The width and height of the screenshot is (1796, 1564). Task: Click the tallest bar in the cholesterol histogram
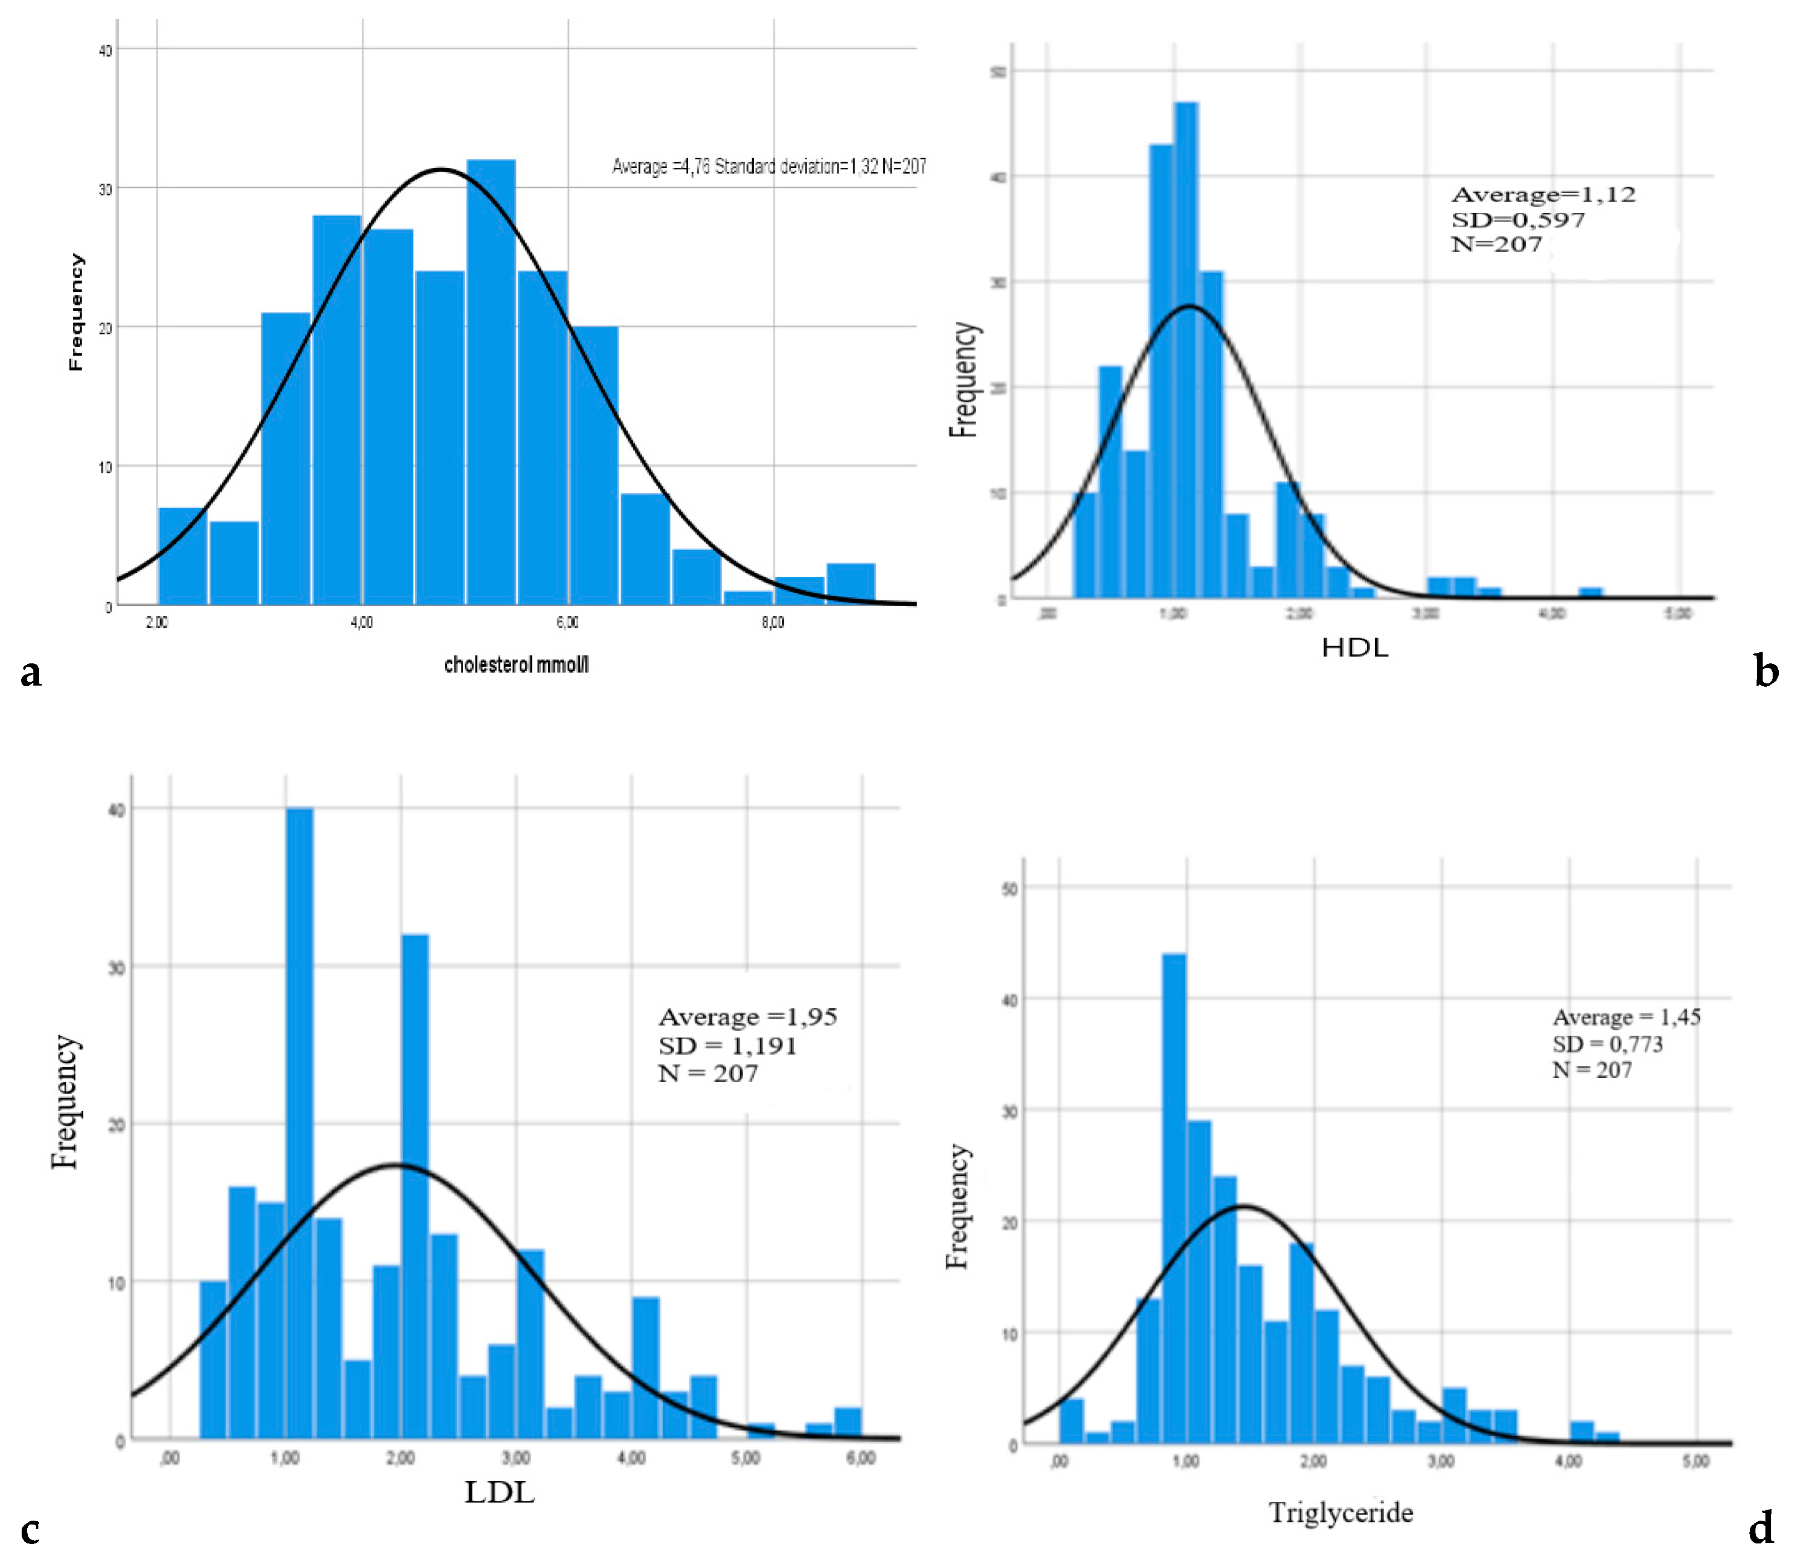(491, 384)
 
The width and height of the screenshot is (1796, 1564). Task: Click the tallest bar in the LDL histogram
(300, 1126)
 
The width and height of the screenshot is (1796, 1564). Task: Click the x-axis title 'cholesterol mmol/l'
(516, 665)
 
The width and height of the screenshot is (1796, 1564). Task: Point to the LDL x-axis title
(499, 1492)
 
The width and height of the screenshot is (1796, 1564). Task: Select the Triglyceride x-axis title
(1340, 1512)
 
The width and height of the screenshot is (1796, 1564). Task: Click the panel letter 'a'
(31, 673)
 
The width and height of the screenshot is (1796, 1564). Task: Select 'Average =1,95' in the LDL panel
(748, 1017)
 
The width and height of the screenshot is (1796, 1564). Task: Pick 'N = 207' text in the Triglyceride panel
(1591, 1070)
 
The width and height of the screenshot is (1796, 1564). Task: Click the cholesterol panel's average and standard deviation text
(768, 166)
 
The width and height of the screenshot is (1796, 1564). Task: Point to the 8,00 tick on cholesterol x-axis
(773, 622)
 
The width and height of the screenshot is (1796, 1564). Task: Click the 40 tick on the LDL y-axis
(116, 810)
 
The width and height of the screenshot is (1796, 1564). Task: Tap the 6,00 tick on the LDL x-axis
(861, 1458)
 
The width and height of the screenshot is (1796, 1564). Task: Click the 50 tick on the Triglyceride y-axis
(1009, 888)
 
